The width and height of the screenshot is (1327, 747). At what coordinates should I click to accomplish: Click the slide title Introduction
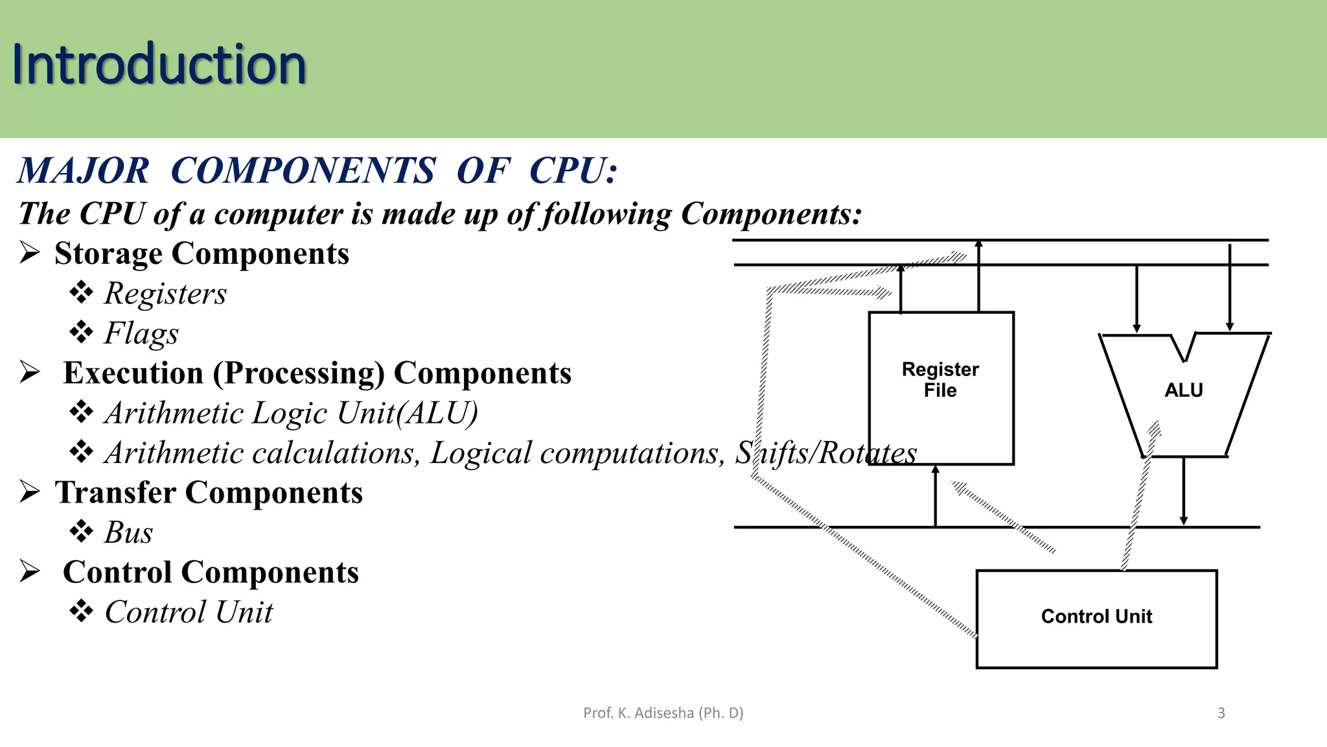(159, 64)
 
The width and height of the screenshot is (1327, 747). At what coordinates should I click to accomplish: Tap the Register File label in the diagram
(940, 380)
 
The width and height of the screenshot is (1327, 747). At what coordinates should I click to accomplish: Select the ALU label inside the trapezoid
(1183, 390)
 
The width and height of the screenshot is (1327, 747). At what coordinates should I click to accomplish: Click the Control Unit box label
(1096, 617)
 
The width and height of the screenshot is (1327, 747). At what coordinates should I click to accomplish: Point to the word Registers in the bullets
(166, 294)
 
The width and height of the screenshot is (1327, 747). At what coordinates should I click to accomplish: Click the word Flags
(141, 334)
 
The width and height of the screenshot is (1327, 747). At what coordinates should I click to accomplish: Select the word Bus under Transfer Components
(129, 533)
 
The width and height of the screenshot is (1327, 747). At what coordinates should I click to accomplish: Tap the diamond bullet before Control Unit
(82, 611)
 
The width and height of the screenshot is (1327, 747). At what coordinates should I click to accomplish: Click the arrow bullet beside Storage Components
(30, 252)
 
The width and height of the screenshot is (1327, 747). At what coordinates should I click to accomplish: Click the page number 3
(1221, 713)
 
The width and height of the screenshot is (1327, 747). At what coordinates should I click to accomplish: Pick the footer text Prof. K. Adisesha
(663, 713)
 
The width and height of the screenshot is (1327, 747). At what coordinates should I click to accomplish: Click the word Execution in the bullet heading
(133, 373)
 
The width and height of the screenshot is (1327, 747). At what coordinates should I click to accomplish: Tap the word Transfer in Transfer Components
(115, 493)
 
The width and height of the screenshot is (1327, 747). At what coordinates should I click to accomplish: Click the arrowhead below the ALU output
(1184, 520)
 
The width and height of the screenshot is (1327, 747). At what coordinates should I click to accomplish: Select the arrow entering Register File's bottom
(935, 471)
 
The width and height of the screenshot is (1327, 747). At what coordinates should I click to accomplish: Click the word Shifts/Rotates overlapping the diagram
(825, 453)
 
